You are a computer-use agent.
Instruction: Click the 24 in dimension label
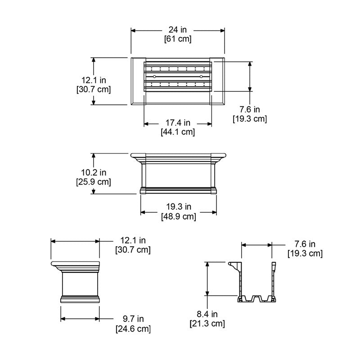[178, 30]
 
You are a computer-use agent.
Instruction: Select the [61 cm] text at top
[178, 39]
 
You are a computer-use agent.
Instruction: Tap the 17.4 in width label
[178, 123]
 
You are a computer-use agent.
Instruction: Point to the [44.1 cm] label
[178, 132]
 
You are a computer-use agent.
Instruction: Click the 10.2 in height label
[94, 172]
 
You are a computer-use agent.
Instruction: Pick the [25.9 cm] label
[94, 182]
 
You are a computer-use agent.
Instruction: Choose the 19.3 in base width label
[179, 207]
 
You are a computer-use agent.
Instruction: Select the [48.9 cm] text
[179, 216]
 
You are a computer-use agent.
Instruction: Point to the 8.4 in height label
[207, 314]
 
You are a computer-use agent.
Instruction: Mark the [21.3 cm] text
[207, 323]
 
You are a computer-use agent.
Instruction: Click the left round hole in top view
[155, 77]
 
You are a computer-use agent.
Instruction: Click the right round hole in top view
[201, 77]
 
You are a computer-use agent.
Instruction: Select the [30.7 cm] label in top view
[94, 90]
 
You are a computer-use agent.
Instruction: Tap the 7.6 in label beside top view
[250, 109]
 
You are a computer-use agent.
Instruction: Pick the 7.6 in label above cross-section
[305, 244]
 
